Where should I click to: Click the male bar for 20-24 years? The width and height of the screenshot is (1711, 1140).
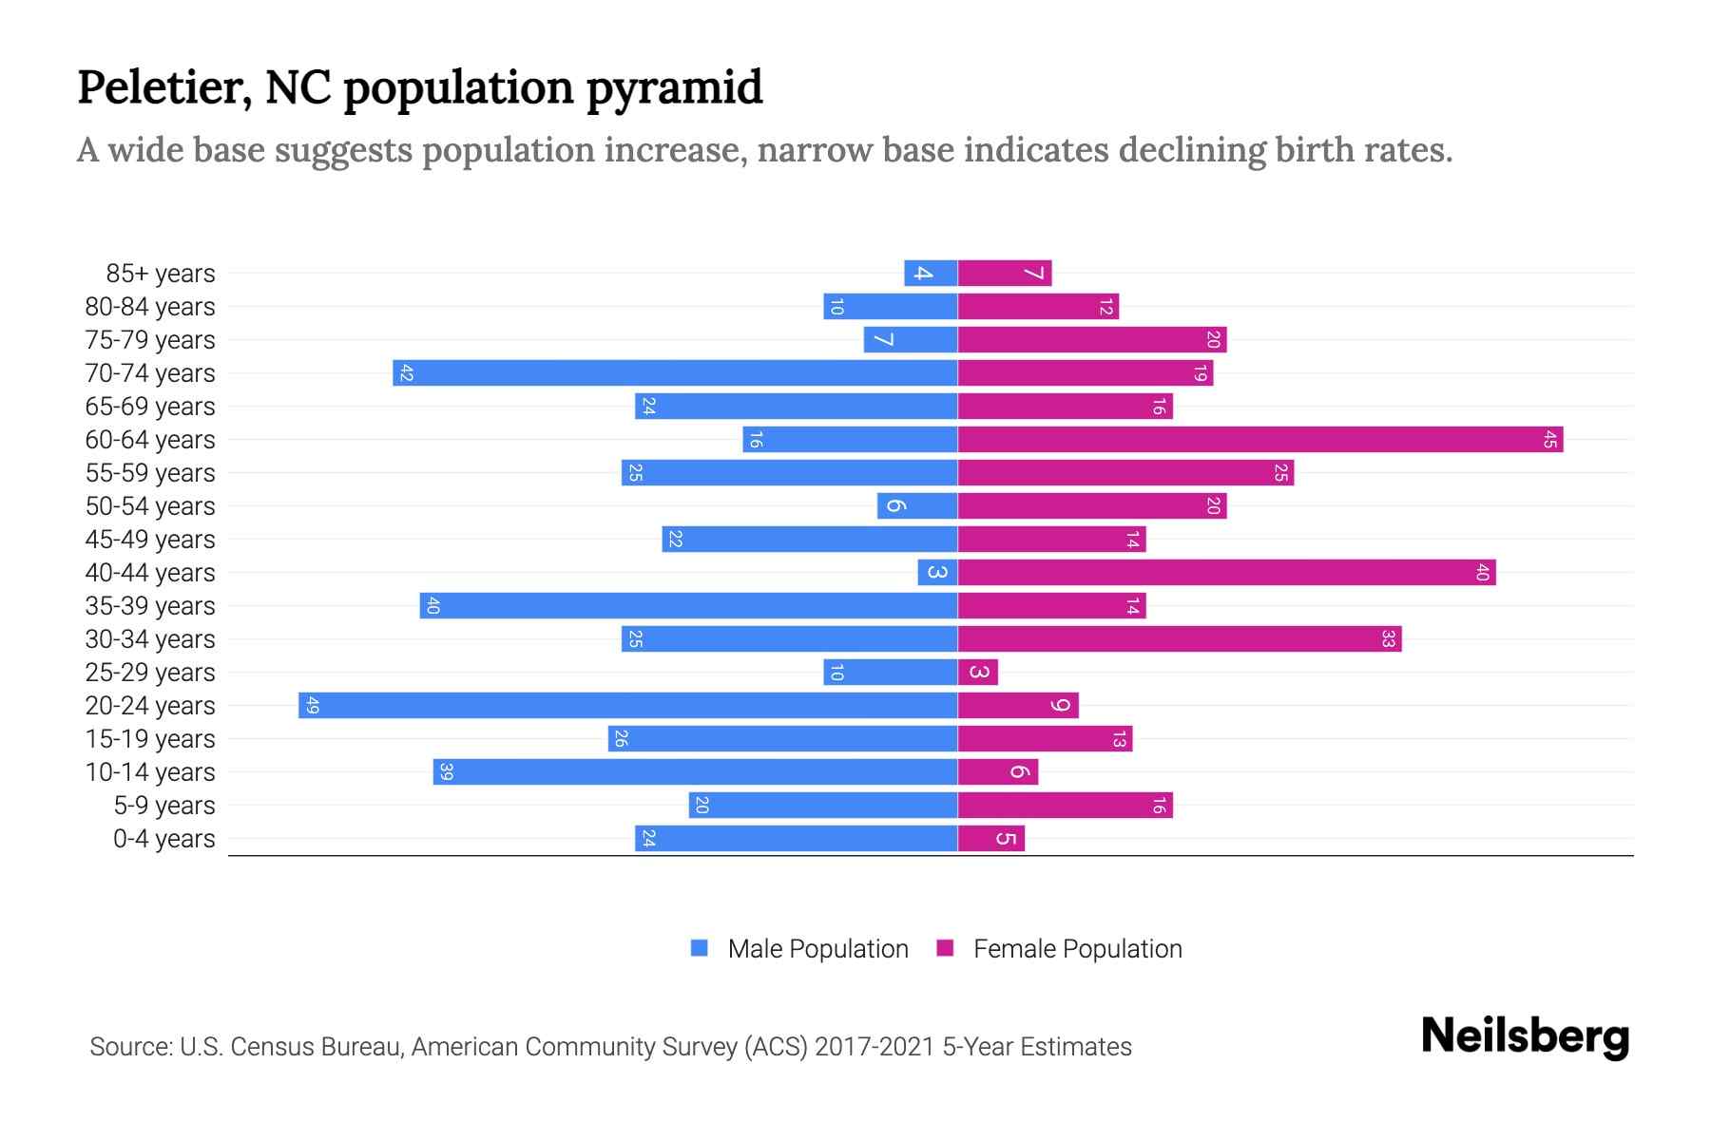(x=627, y=706)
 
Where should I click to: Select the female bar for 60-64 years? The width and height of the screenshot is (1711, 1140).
(x=1259, y=440)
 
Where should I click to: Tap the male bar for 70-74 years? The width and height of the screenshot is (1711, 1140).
(x=675, y=373)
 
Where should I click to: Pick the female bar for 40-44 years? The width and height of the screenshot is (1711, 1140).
(x=1226, y=573)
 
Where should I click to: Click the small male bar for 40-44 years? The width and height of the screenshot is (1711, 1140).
(x=937, y=573)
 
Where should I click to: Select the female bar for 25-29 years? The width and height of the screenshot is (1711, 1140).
(x=978, y=673)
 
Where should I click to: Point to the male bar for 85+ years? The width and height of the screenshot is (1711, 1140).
(x=931, y=274)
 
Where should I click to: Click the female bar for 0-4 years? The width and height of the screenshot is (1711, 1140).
(x=991, y=839)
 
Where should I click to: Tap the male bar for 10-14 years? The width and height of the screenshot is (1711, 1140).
(x=695, y=772)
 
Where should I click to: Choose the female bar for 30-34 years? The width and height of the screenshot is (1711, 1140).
(x=1179, y=639)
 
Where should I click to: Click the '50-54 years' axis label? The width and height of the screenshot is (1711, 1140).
(x=150, y=506)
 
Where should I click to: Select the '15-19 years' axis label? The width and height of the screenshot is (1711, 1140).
(x=150, y=739)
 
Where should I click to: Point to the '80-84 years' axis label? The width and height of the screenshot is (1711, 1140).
(x=150, y=307)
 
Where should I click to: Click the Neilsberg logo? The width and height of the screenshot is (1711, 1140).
(x=1525, y=1036)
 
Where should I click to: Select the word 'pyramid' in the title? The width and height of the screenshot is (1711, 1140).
(x=674, y=87)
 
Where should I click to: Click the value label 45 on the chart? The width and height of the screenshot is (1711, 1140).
(x=1550, y=440)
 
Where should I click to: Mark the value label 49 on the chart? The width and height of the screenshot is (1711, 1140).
(x=313, y=706)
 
